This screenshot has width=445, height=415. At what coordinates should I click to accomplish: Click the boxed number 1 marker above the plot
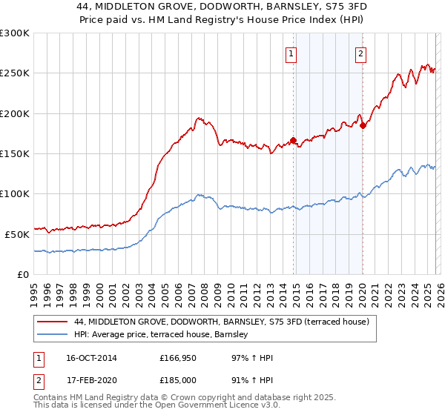pyautogui.click(x=291, y=53)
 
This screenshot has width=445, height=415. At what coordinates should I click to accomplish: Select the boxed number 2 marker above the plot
pyautogui.click(x=360, y=53)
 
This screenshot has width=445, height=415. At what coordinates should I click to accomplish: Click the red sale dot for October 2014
pyautogui.click(x=293, y=140)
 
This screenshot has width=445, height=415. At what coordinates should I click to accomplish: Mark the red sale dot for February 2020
pyautogui.click(x=363, y=125)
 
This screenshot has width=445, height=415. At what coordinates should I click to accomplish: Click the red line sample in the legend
pyautogui.click(x=53, y=322)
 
